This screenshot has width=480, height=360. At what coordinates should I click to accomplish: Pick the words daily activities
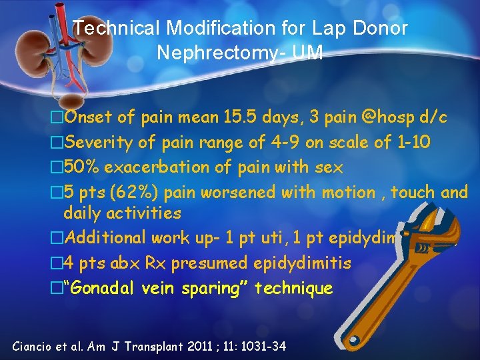click(122, 214)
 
